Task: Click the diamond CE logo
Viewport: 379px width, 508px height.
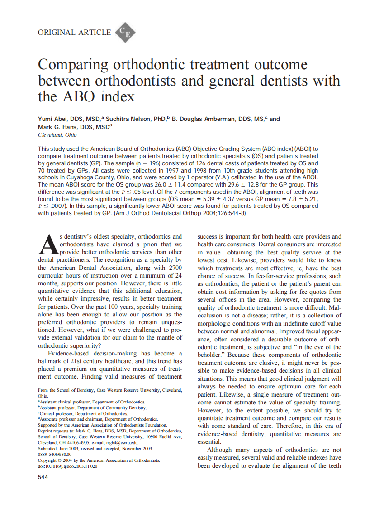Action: tap(125, 32)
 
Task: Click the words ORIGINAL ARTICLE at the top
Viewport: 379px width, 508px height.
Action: tap(74, 32)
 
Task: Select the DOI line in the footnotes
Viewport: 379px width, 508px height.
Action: tap(67, 466)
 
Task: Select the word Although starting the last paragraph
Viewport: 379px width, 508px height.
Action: tap(219, 450)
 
